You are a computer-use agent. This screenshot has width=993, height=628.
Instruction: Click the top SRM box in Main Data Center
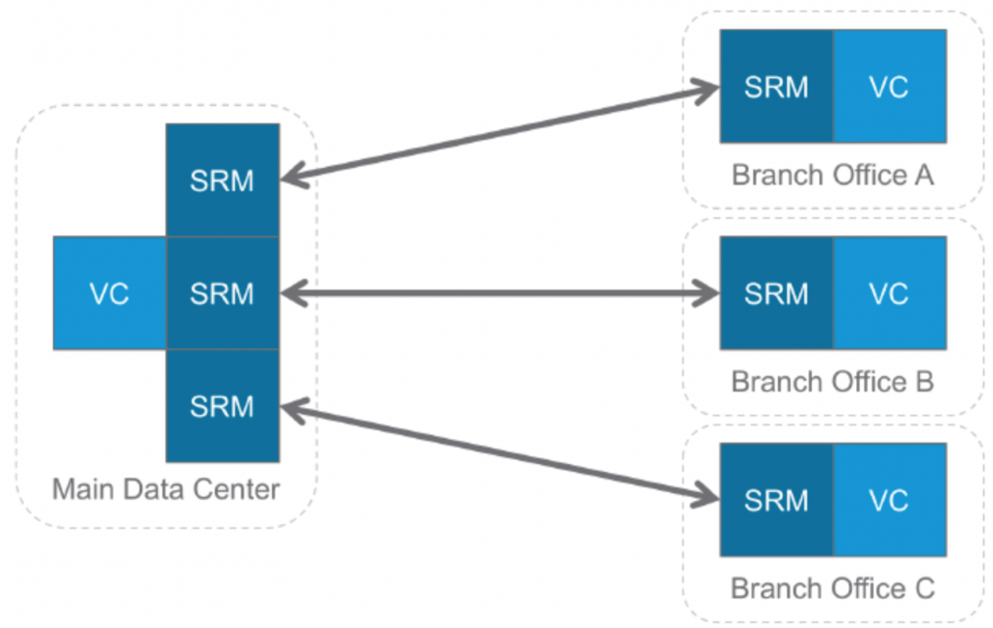223,180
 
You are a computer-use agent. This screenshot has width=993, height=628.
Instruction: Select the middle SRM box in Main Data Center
223,293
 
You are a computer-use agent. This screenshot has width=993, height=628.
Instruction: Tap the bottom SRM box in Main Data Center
223,405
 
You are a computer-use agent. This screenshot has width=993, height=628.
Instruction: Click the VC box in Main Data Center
110,293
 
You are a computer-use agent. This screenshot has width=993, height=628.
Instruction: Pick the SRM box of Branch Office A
776,87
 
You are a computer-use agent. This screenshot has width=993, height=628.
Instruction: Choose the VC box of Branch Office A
889,87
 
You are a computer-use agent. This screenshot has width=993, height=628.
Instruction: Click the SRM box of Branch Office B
776,293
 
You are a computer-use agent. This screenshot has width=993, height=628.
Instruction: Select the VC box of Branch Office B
889,293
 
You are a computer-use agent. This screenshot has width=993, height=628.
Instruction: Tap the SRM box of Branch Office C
776,500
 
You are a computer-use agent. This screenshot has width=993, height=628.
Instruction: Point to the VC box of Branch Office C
889,500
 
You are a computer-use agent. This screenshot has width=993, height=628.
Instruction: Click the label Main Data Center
166,488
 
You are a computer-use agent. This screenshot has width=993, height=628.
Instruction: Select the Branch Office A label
833,176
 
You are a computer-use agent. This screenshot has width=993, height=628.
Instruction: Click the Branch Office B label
833,382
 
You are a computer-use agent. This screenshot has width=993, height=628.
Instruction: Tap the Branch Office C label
833,588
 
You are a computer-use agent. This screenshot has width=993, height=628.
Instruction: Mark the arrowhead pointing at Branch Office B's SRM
706,293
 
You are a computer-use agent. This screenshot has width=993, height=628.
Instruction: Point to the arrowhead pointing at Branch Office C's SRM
706,497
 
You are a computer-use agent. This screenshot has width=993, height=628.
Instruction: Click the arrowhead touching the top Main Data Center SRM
295,177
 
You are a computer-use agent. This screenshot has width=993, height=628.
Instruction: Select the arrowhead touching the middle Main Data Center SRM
295,293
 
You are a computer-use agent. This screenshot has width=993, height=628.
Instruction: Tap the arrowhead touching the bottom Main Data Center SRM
295,410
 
